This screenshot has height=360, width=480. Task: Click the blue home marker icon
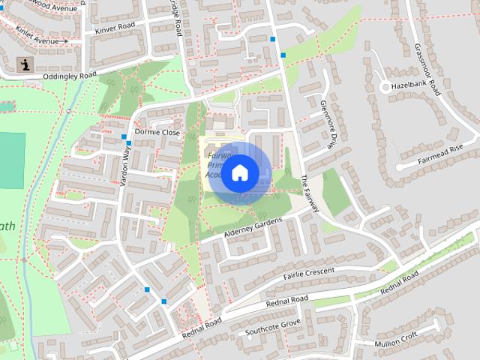point(239,173)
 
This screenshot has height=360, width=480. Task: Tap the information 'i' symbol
point(26,64)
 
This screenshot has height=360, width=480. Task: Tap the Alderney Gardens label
point(252,229)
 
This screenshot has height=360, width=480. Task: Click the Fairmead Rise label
point(442,154)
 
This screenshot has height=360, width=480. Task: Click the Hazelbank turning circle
point(385,88)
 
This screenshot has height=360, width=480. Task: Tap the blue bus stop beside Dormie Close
point(129,142)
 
